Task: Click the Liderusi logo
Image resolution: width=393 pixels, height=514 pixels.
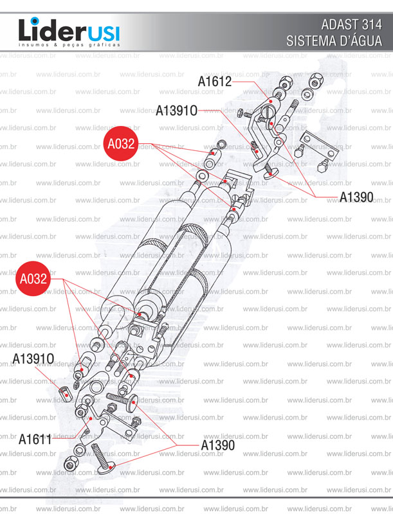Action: [69, 32]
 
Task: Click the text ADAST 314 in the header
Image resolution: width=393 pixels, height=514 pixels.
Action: [351, 25]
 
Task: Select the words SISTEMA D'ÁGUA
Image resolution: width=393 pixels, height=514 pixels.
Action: [334, 41]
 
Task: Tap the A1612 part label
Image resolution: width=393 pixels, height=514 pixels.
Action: [215, 82]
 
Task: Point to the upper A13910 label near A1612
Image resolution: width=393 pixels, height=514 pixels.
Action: [176, 111]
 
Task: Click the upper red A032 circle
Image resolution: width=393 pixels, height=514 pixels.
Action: [121, 143]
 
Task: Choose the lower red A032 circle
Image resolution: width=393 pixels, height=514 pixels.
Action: [33, 279]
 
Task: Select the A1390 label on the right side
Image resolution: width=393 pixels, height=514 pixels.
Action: [356, 197]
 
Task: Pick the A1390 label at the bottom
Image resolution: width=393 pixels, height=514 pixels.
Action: [218, 445]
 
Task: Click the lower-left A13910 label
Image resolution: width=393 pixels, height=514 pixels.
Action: [33, 359]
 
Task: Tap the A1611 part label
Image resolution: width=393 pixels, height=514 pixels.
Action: [35, 439]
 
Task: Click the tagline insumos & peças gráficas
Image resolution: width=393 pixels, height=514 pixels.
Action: [69, 45]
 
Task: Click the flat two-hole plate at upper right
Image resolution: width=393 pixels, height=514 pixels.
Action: [320, 144]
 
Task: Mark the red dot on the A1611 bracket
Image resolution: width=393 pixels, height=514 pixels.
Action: [91, 418]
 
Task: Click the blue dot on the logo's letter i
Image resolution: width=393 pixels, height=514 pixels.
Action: [35, 21]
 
